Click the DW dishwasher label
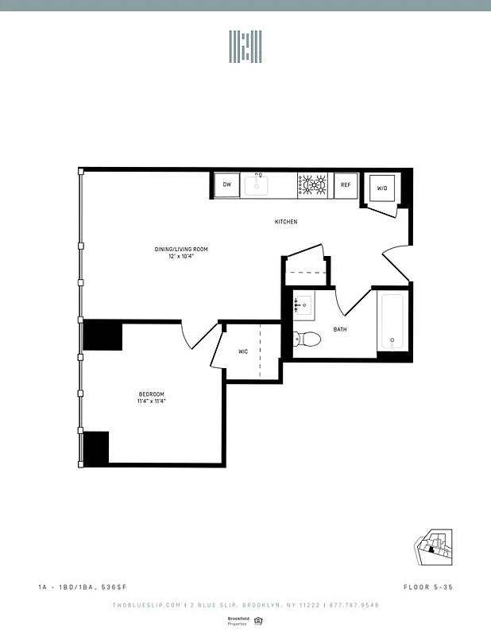point(227,185)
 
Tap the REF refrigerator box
point(346,185)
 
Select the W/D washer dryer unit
point(381,188)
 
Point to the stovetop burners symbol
point(314,185)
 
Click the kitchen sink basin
point(257,186)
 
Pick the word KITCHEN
point(286,222)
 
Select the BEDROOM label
point(151,394)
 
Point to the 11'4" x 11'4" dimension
point(151,401)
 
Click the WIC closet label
point(244,352)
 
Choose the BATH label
point(340,329)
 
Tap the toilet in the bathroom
point(307,339)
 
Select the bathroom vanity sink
point(303,304)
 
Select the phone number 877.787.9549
point(354,606)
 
